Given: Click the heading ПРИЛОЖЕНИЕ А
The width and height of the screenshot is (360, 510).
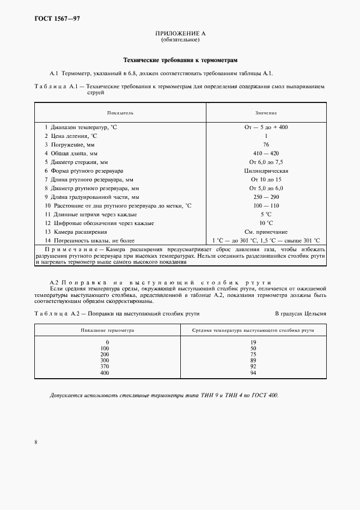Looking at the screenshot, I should tap(180, 34).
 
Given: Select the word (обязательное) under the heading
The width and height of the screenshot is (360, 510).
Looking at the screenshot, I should tap(180, 40).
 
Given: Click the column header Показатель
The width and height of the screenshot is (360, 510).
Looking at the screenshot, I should tap(120, 113).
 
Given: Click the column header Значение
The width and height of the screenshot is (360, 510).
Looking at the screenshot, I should tap(266, 113).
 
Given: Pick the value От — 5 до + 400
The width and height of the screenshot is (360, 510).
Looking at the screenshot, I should tap(266, 126).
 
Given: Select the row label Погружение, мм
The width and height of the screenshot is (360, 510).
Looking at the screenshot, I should tap(69, 144).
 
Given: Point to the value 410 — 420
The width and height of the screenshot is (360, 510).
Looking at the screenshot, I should tap(266, 153).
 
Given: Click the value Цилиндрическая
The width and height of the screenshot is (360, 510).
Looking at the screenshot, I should tap(266, 171).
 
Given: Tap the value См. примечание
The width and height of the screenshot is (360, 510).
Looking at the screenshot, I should tap(266, 232).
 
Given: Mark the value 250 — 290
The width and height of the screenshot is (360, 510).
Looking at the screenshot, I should tap(266, 197).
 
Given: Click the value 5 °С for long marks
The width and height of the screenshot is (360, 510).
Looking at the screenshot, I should tap(266, 214).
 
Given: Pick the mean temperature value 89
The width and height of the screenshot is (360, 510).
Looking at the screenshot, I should tap(253, 361).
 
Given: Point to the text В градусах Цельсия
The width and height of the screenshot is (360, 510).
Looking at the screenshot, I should tap(300, 314).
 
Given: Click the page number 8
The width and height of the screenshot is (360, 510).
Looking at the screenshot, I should tap(35, 442).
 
